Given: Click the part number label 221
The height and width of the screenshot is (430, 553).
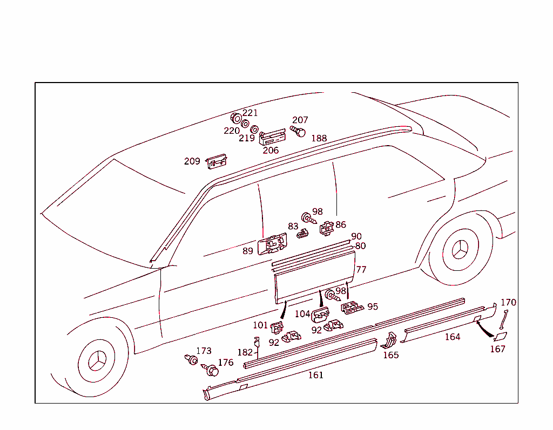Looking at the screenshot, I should coord(250,113).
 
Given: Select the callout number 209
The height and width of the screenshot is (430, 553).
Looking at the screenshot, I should coord(192,161).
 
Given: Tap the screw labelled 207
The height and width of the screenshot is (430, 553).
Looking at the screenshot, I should coord(299,131).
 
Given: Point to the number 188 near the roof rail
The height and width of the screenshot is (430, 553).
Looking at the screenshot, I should coord(319,138).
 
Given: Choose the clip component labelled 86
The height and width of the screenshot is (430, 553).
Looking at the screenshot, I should coord(327,229).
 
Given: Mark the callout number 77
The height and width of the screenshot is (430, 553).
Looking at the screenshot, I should coord(361,270).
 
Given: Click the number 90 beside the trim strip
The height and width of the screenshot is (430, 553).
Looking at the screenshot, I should coord(356,236).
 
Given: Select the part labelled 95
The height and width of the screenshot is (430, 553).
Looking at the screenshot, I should coord(352,308).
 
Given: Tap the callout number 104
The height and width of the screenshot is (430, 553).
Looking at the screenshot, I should coord(302,314).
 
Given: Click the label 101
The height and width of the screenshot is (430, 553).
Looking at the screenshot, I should coord(260,325).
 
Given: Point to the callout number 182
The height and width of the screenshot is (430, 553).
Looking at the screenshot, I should coord(245,352).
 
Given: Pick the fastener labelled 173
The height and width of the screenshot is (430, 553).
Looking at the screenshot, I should coord(191,359).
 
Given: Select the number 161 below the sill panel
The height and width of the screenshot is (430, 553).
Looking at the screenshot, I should coord(315,375).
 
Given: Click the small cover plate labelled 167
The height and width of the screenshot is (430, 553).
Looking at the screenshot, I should coord(501,337).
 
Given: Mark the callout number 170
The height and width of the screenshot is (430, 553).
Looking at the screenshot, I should coord(508,303).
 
